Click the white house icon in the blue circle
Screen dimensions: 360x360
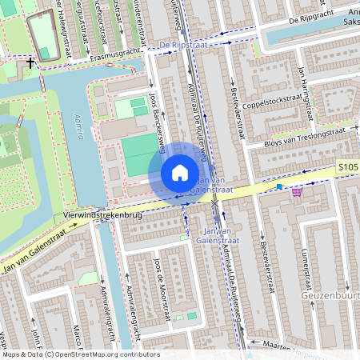tap(180, 173)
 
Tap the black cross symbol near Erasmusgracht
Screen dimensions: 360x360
tap(30, 62)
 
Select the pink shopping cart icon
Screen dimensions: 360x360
tap(298, 190)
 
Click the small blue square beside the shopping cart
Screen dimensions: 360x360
tap(279, 186)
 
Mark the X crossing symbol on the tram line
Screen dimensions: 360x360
tap(214, 204)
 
